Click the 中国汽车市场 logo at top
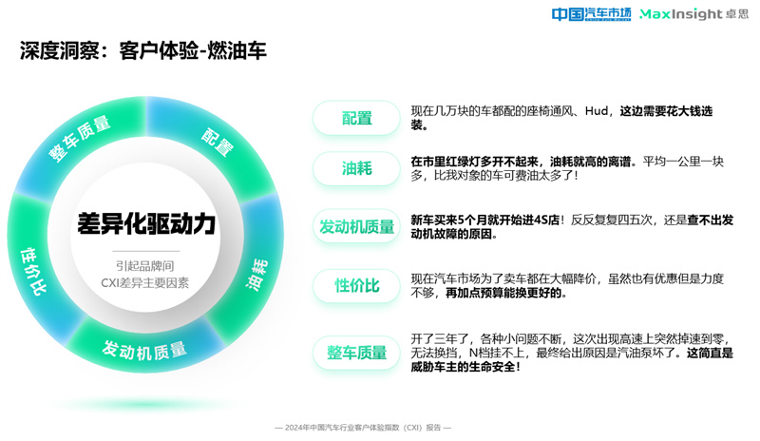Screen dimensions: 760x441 (591, 14)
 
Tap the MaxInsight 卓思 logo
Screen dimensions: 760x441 (694, 14)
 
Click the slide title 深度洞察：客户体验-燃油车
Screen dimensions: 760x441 (143, 50)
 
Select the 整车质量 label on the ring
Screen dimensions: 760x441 (80, 139)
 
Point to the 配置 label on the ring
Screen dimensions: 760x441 (218, 142)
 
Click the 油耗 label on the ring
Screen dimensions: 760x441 (256, 275)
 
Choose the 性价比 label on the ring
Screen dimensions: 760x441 (33, 271)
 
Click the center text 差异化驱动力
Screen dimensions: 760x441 (146, 223)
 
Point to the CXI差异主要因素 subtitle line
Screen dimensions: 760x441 (145, 283)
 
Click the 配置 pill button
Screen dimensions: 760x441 (357, 118)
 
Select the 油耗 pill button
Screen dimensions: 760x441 (357, 168)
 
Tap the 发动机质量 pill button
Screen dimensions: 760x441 (357, 226)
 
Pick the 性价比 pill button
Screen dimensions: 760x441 (357, 286)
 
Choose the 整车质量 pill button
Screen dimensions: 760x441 (357, 353)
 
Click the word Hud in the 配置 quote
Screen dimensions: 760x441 (597, 111)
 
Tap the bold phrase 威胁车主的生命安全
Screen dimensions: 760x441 (463, 367)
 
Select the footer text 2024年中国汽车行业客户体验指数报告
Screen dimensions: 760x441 (363, 428)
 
